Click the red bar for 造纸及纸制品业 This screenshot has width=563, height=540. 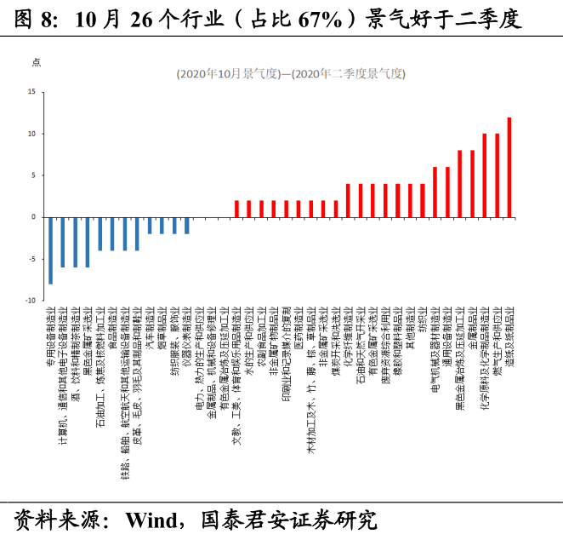(x=509, y=167)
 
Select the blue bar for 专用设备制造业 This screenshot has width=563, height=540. (x=50, y=250)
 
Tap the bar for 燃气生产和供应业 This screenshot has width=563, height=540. (x=497, y=175)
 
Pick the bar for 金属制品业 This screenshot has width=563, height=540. (x=472, y=184)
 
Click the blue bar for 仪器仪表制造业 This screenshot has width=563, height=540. (x=187, y=225)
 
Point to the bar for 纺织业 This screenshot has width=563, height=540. (x=422, y=200)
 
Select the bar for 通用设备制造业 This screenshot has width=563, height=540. (x=447, y=192)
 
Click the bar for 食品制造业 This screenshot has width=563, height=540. (x=112, y=233)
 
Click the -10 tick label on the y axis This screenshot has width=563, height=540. (x=31, y=300)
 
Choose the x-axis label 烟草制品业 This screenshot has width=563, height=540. (x=162, y=328)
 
